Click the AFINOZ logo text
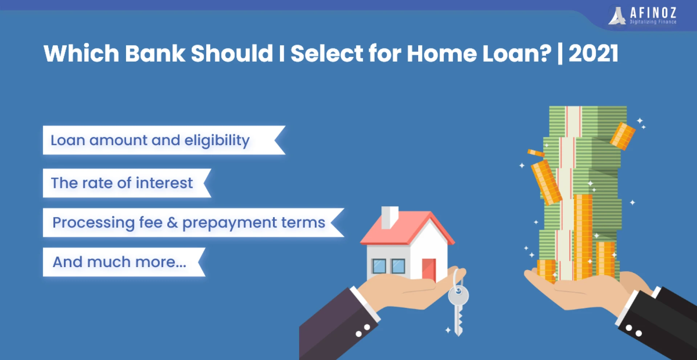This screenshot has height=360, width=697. tap(653, 13)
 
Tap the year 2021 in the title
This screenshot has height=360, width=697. tap(593, 53)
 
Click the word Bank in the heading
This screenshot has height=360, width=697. tap(155, 53)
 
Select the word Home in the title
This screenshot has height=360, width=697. tap(441, 53)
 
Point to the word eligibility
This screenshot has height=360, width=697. tap(217, 140)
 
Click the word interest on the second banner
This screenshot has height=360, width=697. tap(164, 183)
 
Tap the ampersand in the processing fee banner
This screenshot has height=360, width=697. tap(172, 222)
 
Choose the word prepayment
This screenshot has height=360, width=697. tap(229, 223)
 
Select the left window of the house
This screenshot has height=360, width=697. tap(379, 266)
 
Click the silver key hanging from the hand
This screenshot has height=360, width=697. tap(458, 308)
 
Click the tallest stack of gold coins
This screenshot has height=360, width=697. tap(583, 237)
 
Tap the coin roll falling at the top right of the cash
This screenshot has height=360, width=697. tap(623, 136)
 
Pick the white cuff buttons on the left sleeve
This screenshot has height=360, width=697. tap(363, 331)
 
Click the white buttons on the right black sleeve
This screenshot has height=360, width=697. tap(633, 330)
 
